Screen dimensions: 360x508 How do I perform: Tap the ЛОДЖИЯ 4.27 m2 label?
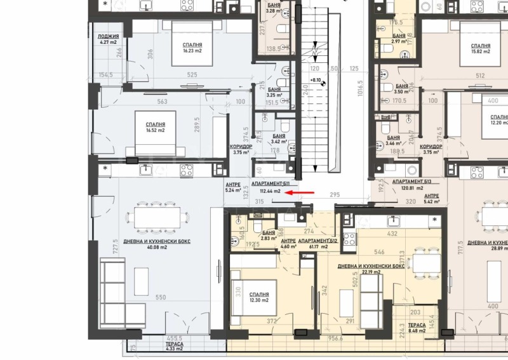pyautogui.click(x=108, y=40)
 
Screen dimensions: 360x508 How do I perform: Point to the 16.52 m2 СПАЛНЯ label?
pyautogui.click(x=156, y=128)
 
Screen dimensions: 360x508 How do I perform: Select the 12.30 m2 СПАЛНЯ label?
pyautogui.click(x=259, y=298)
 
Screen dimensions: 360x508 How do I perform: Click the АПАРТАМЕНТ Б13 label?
pyautogui.click(x=412, y=181)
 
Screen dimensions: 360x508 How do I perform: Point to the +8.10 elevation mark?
pyautogui.click(x=316, y=81)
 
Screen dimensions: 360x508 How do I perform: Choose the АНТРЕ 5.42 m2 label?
pyautogui.click(x=432, y=199)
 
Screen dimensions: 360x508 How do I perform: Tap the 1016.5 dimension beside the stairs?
pyautogui.click(x=359, y=96)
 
